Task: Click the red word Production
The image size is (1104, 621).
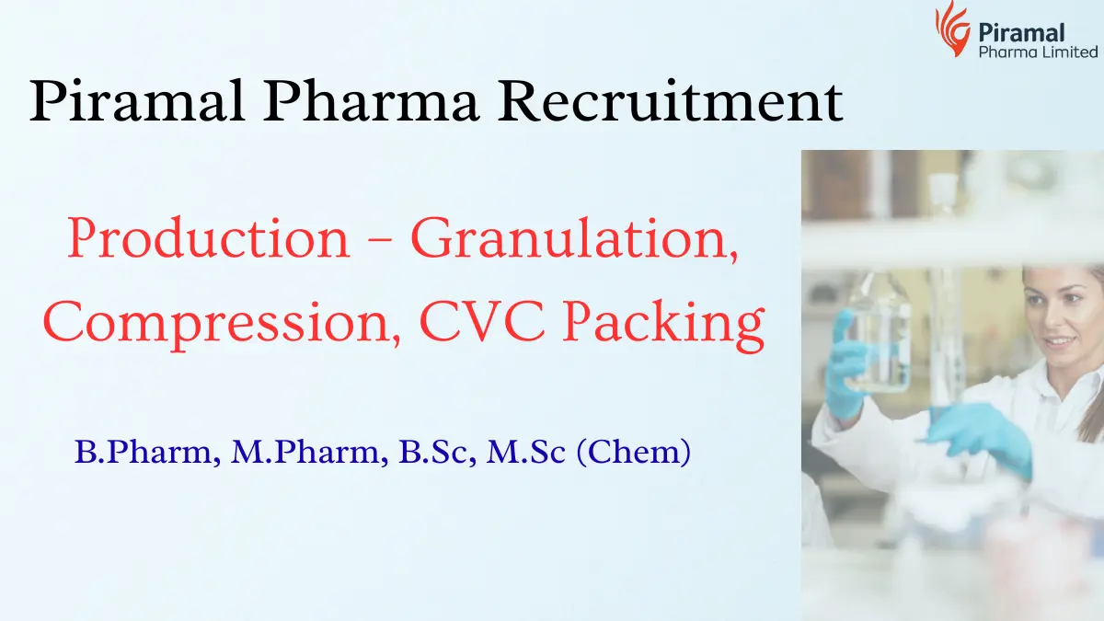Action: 209,239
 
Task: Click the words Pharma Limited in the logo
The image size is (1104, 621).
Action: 1038,52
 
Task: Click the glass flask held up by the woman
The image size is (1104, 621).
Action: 869,336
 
